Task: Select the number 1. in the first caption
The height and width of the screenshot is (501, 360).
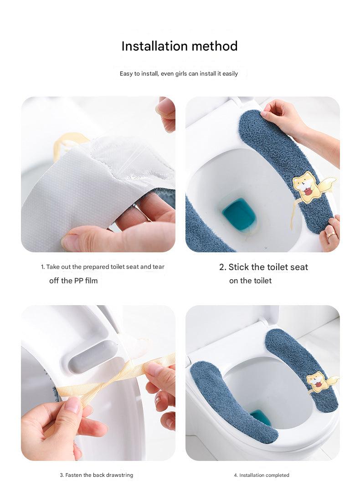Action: pos(43,267)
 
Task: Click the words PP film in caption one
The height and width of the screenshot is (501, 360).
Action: pos(86,281)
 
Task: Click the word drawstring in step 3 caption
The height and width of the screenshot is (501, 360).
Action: pos(119,475)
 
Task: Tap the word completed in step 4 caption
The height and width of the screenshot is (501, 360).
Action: pos(277,475)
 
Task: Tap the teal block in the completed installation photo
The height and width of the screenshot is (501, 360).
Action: pos(261,417)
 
